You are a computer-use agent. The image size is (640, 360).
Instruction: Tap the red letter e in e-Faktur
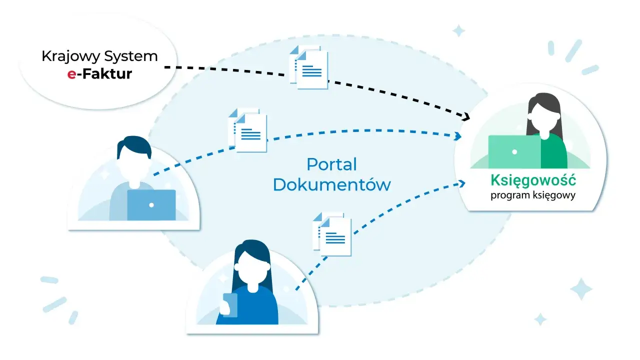click(x=71, y=74)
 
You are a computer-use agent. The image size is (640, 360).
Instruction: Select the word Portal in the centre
click(x=331, y=165)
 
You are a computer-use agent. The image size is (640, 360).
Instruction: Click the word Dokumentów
click(x=332, y=184)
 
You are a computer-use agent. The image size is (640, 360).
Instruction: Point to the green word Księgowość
click(x=533, y=180)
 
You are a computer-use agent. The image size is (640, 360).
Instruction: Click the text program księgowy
click(x=533, y=195)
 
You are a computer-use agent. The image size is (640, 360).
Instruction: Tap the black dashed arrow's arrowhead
click(x=466, y=116)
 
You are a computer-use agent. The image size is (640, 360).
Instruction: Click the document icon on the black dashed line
click(x=309, y=67)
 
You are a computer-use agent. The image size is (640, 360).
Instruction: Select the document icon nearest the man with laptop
click(x=247, y=130)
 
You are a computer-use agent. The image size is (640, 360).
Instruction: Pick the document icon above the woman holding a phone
click(x=332, y=234)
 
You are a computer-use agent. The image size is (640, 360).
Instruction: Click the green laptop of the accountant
click(x=514, y=152)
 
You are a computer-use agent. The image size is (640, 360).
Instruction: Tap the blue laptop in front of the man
click(x=151, y=205)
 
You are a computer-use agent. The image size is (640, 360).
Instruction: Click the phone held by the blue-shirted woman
click(x=229, y=305)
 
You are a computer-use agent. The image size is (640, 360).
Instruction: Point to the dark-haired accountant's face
click(x=543, y=117)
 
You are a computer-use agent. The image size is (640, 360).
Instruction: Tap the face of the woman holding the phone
click(x=252, y=268)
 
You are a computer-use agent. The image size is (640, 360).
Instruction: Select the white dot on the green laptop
click(x=514, y=152)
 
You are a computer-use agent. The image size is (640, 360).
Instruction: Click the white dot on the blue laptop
click(x=151, y=205)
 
